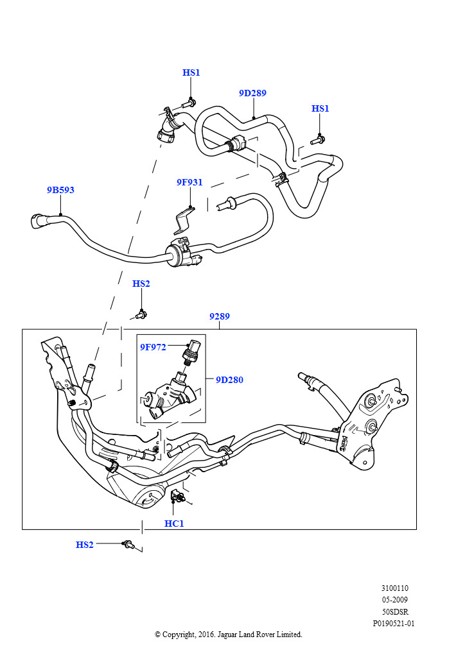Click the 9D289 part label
coord(252,93)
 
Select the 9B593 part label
coord(60,190)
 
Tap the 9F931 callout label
coord(189,182)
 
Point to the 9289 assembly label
coord(219,316)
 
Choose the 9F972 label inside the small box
coord(153,347)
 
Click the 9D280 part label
coord(229,380)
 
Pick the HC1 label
coord(174,524)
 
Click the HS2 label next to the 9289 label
coord(141,284)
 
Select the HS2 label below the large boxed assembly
coord(85,545)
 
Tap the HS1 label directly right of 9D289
coord(320,108)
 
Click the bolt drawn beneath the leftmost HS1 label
coord(189,102)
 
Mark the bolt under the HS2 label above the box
coord(142,314)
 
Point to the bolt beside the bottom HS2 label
coord(128,545)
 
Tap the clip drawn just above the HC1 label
coord(177,495)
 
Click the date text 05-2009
coord(394,600)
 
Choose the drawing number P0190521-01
coord(393,623)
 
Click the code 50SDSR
coord(395,611)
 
